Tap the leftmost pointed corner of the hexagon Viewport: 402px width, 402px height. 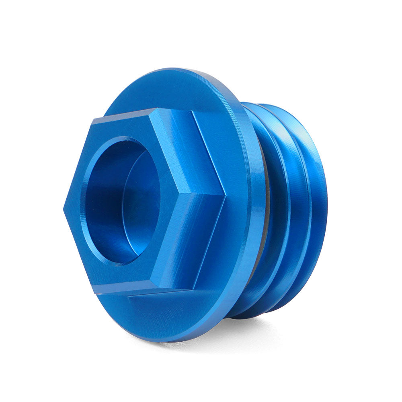(64, 208)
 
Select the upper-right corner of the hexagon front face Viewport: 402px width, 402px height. (155, 109)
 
